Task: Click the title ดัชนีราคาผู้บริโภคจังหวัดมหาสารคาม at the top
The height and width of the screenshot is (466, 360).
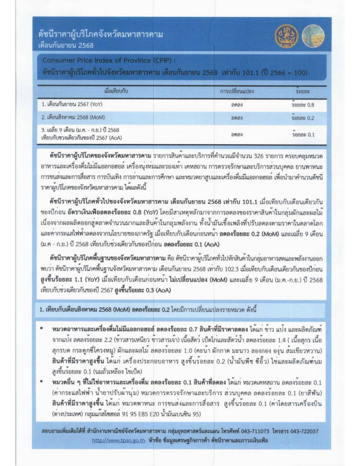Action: tap(100, 34)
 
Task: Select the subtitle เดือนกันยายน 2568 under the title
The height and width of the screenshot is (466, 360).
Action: tap(66, 45)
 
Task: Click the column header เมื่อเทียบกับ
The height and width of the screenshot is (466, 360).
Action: tap(116, 91)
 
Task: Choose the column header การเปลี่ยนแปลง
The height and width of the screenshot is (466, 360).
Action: tap(237, 91)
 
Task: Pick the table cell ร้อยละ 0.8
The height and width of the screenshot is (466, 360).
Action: tap(303, 105)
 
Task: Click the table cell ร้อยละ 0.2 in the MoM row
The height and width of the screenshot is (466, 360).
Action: tap(303, 118)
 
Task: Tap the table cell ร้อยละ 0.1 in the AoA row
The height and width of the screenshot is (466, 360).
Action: tap(303, 134)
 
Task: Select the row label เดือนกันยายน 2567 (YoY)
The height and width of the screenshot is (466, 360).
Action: tap(72, 104)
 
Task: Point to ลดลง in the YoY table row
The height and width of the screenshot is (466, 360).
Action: tap(237, 105)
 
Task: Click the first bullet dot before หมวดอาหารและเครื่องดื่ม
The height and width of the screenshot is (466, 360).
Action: tap(42, 329)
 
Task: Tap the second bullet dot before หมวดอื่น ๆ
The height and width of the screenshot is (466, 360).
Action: tap(42, 382)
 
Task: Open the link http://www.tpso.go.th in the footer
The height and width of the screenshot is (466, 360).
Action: tap(118, 440)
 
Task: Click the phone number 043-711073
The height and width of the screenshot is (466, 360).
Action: tap(255, 431)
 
